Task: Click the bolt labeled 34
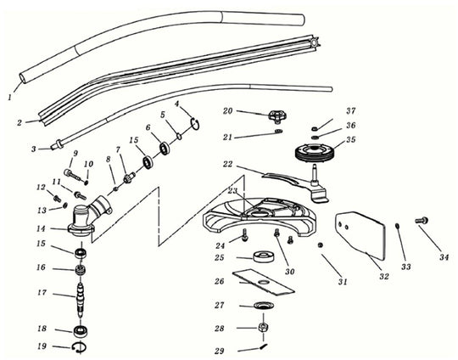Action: [x=420, y=221]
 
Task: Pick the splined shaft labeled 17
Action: [x=82, y=297]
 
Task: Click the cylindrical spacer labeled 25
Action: [x=260, y=256]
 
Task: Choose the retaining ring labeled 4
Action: [x=195, y=125]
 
